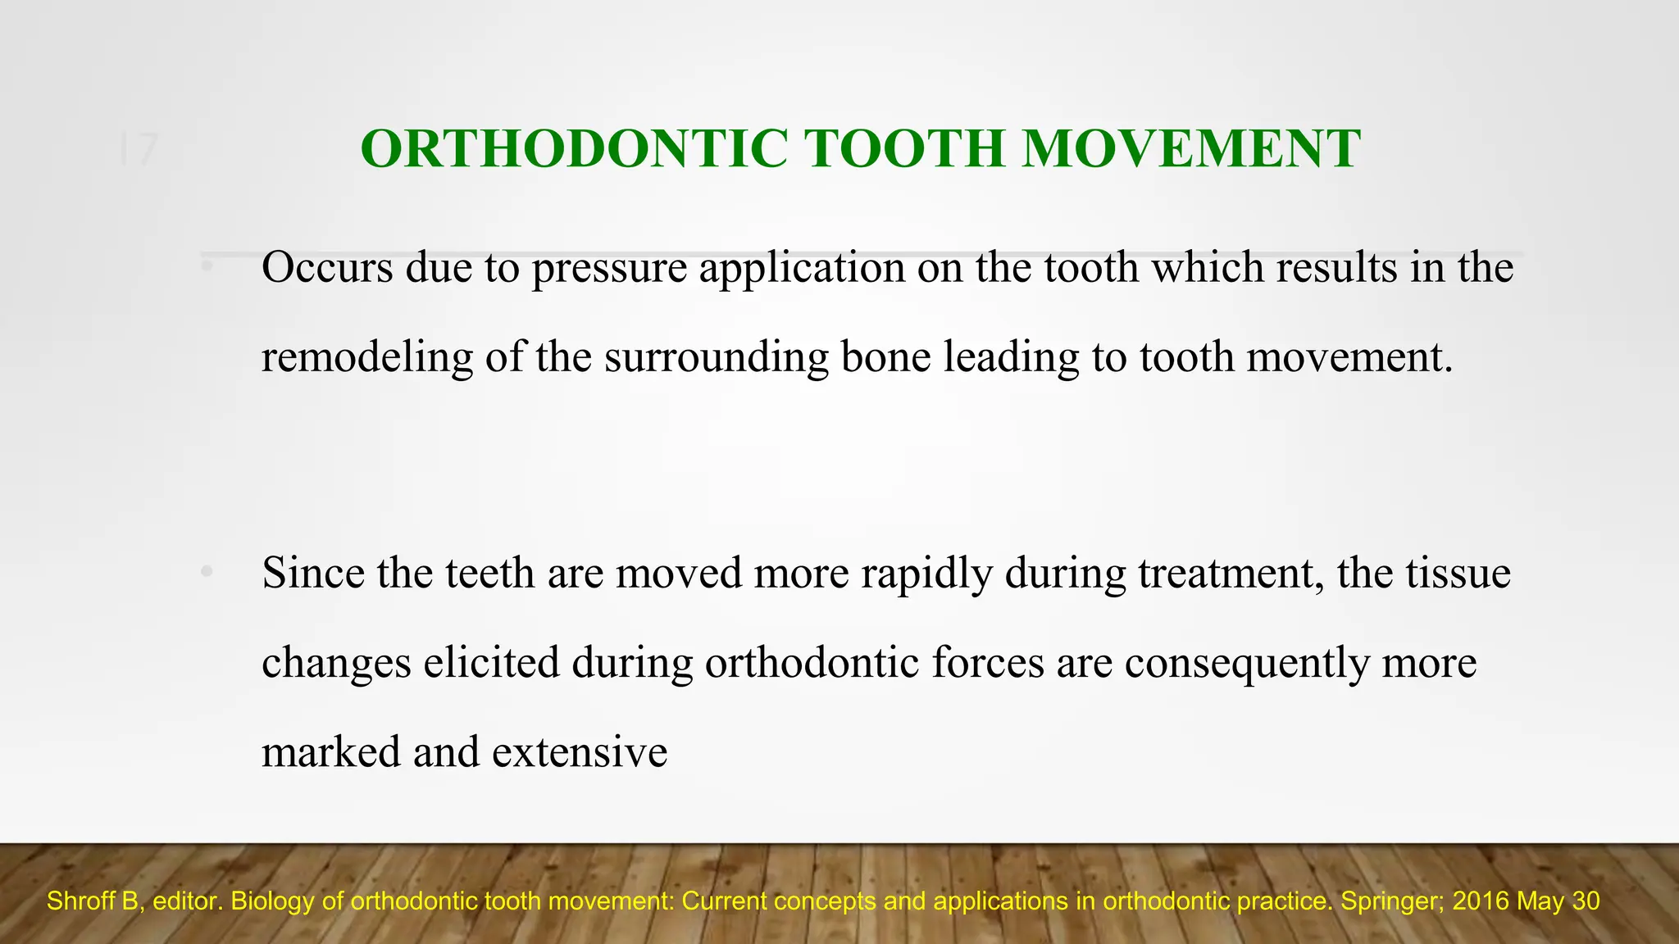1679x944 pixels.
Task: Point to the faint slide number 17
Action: pyautogui.click(x=138, y=151)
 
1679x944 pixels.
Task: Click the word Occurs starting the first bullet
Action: pyautogui.click(x=327, y=268)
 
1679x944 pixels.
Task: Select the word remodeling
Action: pyautogui.click(x=367, y=358)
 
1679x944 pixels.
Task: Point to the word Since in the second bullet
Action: pyautogui.click(x=313, y=573)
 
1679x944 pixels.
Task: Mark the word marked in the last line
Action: pyautogui.click(x=330, y=752)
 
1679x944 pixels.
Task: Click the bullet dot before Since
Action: pyautogui.click(x=207, y=573)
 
